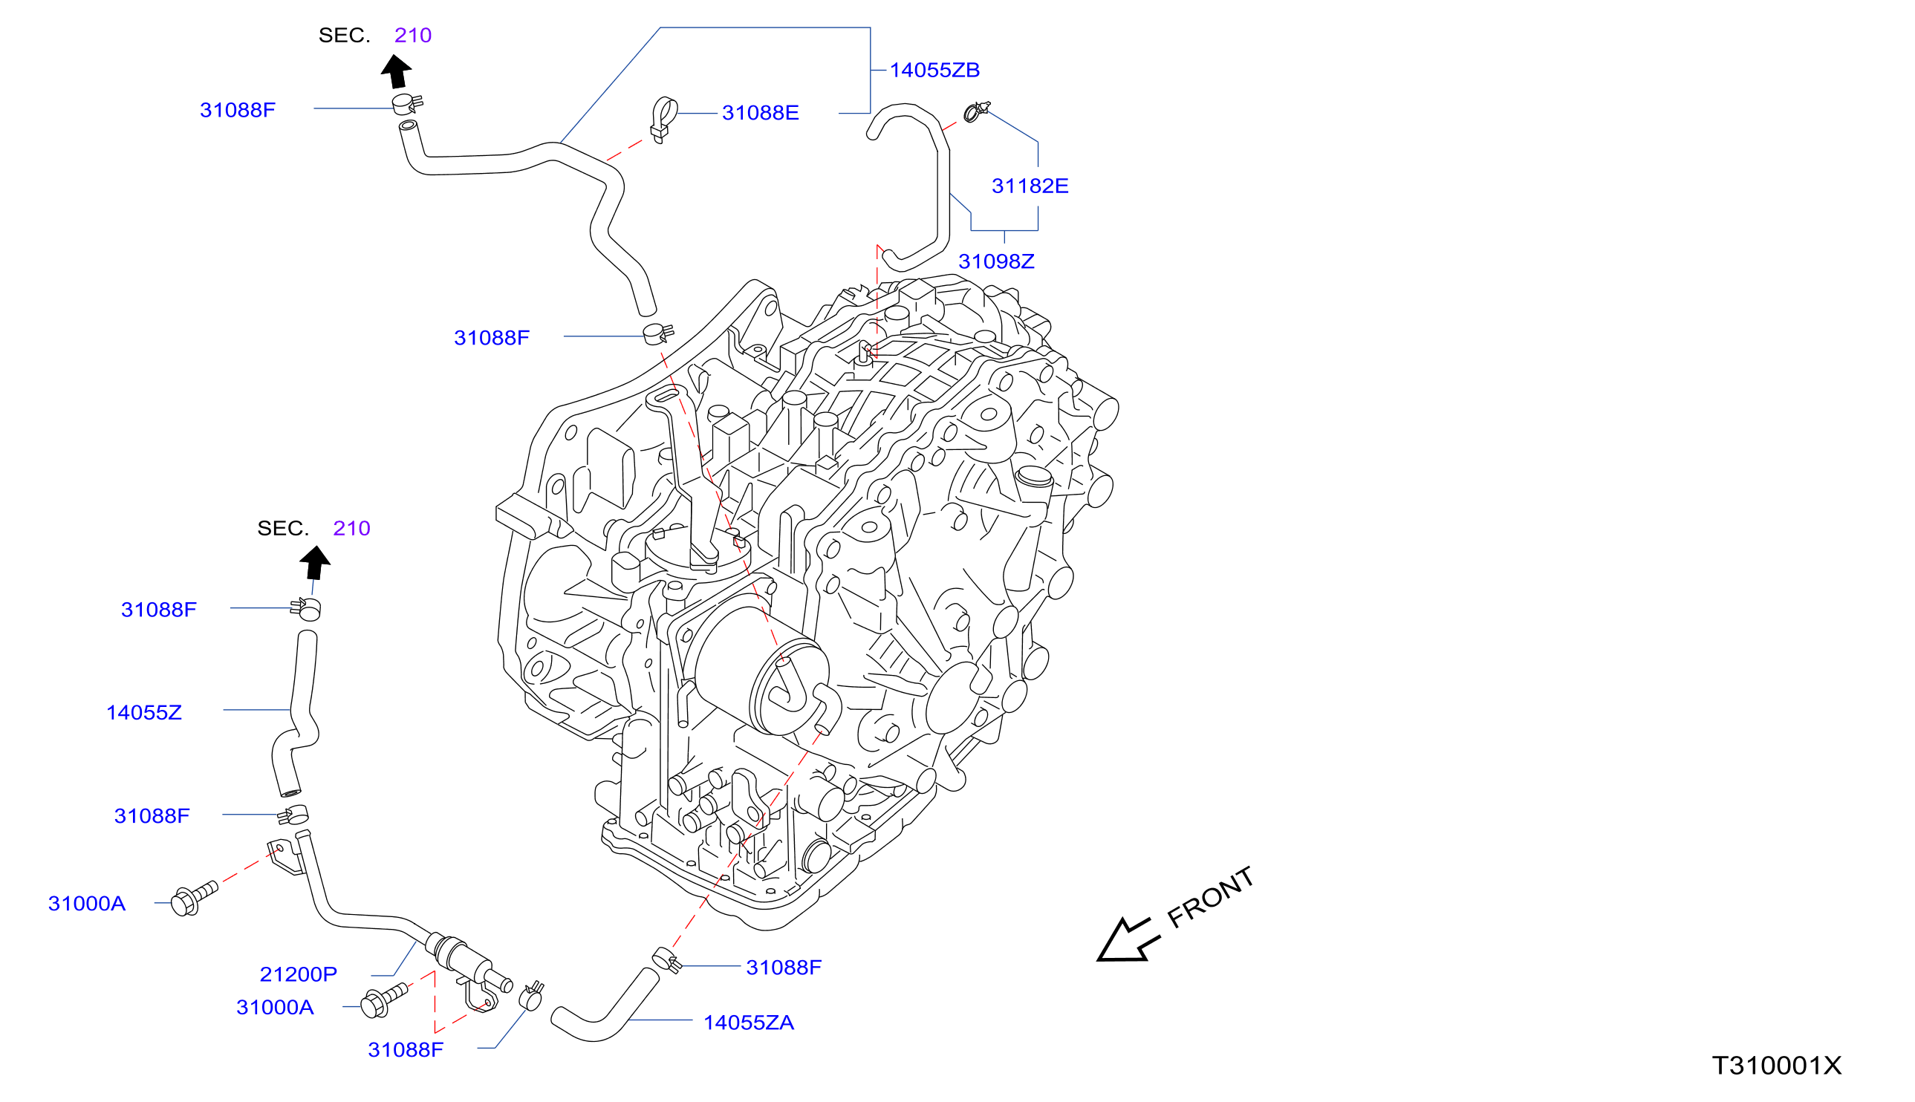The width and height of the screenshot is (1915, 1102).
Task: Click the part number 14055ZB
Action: click(x=934, y=71)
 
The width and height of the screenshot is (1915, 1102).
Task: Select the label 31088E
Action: click(x=760, y=113)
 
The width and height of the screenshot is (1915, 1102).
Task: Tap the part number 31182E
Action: click(x=1030, y=186)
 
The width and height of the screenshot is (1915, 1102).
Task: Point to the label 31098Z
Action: click(x=996, y=262)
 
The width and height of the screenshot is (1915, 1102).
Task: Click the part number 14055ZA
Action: click(x=749, y=1023)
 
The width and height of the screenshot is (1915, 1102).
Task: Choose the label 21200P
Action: click(x=298, y=975)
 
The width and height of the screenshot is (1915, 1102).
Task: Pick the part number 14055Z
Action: click(x=144, y=713)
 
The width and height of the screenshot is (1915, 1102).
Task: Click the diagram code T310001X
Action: click(x=1777, y=1066)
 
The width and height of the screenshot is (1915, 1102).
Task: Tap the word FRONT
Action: click(x=1209, y=898)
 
